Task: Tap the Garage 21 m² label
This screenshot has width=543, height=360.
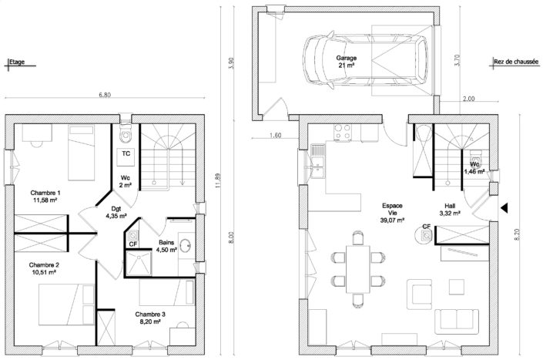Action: click(346, 62)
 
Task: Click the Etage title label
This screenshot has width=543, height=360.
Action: click(17, 62)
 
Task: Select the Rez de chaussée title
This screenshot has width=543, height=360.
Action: click(516, 62)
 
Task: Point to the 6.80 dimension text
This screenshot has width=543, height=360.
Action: click(105, 95)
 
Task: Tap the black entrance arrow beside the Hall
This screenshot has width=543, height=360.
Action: click(504, 208)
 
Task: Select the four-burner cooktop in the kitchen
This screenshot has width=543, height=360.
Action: click(343, 132)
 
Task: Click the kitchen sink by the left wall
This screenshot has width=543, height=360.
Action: click(317, 161)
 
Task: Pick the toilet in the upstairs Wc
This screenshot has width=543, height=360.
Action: click(126, 134)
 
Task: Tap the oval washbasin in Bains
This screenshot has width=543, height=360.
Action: click(186, 246)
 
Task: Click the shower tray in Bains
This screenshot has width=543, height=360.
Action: click(139, 264)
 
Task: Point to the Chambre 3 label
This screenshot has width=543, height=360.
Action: click(150, 318)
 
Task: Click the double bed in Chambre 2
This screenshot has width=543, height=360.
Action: click(66, 304)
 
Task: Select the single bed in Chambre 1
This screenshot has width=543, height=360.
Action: click(82, 153)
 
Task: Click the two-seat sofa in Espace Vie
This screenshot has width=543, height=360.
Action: click(457, 322)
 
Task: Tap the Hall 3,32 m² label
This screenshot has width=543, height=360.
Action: click(450, 210)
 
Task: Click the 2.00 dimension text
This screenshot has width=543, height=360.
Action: click(468, 99)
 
